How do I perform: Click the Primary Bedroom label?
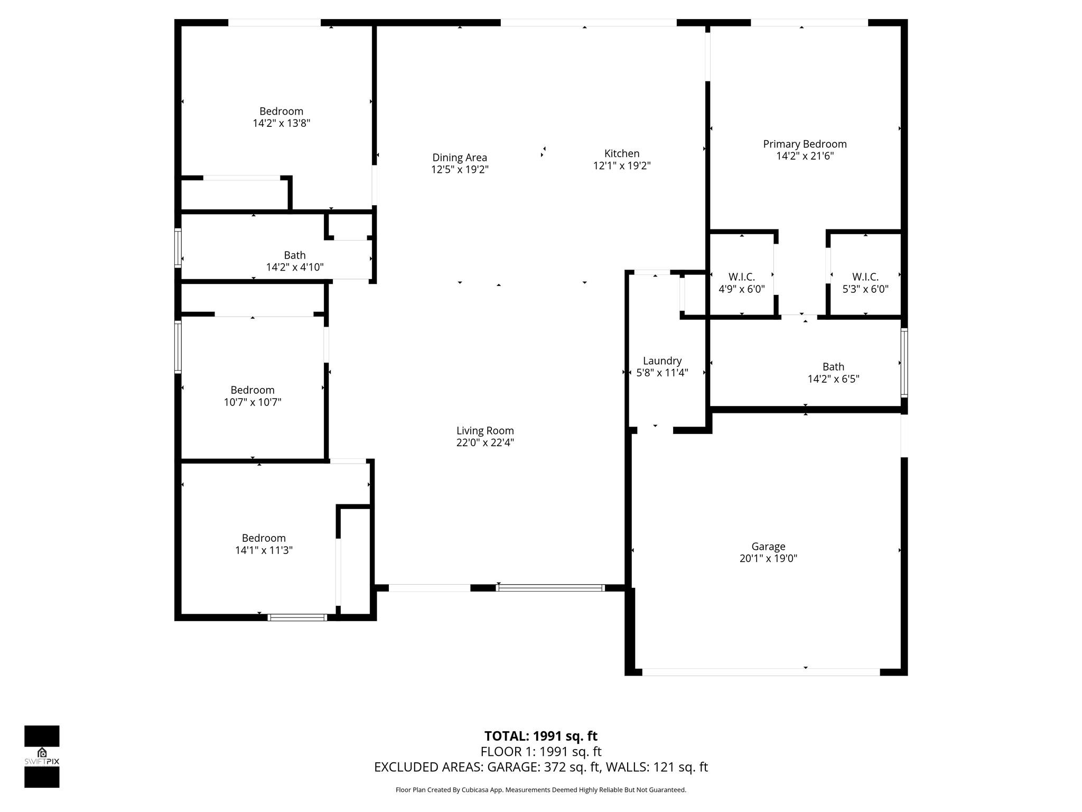[x=805, y=144]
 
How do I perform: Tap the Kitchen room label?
[x=622, y=153]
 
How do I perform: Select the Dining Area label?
[x=460, y=158]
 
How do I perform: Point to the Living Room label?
[x=485, y=431]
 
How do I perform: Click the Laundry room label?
[x=662, y=361]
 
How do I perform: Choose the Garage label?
[x=768, y=547]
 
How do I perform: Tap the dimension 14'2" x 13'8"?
[x=282, y=123]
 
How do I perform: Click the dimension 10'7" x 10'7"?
[x=253, y=402]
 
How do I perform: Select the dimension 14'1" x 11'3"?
[x=264, y=550]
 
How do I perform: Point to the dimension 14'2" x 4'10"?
[x=295, y=267]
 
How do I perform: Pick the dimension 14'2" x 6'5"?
[x=834, y=379]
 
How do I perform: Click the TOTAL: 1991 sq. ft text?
[x=541, y=736]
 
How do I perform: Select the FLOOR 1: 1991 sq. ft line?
[x=541, y=751]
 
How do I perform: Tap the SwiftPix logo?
[x=42, y=756]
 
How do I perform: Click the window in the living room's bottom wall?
[x=550, y=587]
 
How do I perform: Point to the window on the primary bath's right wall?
[x=904, y=363]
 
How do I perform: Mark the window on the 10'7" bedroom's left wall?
[x=178, y=347]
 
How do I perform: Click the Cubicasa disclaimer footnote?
[x=541, y=790]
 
